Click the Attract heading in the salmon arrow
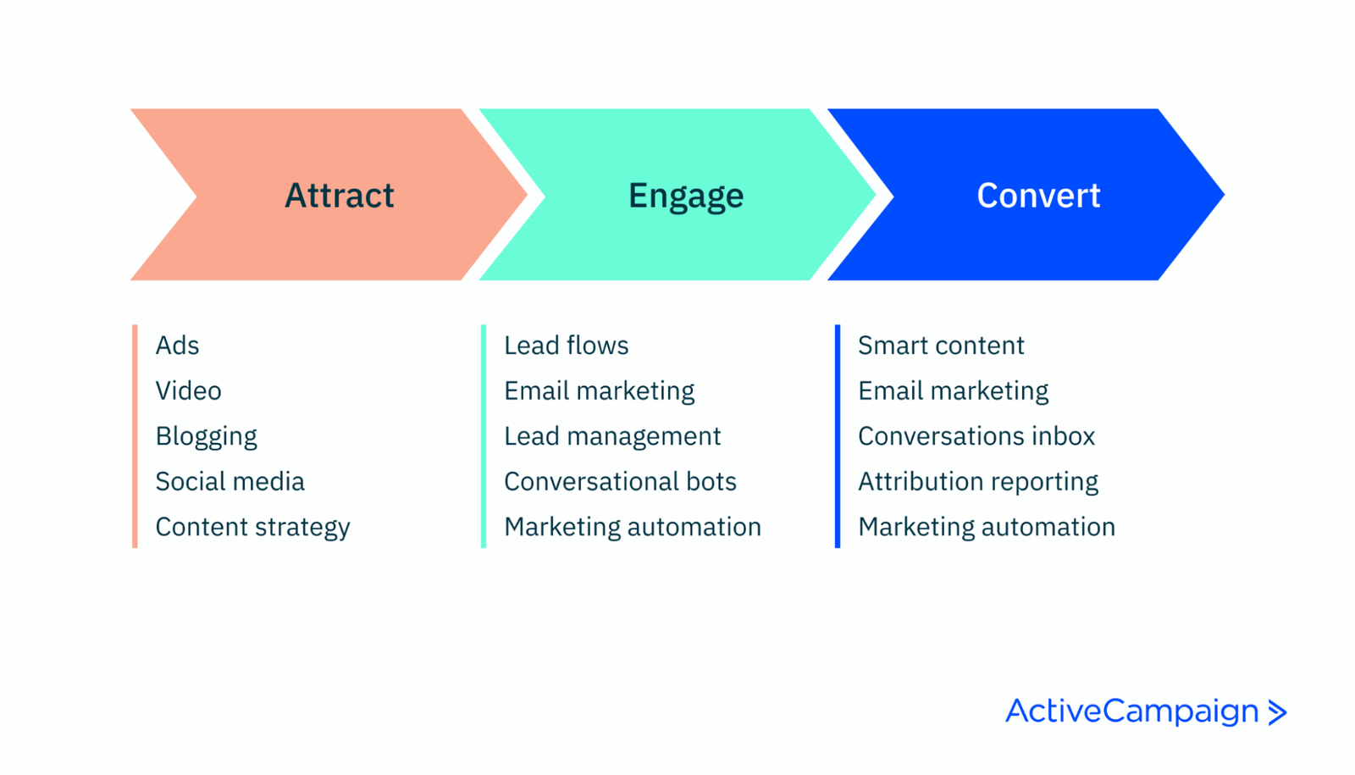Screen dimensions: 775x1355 tap(339, 196)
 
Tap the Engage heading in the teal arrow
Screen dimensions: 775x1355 tap(686, 196)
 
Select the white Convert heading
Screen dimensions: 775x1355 tap(1038, 196)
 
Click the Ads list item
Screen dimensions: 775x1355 tap(177, 346)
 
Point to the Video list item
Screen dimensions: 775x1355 tap(188, 390)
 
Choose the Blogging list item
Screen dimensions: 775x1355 tap(206, 436)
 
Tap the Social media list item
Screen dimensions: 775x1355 tap(230, 481)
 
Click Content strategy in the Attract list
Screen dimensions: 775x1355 tap(252, 527)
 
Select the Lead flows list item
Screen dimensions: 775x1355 tap(566, 346)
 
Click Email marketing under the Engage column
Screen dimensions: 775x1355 tap(599, 390)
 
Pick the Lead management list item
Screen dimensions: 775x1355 tap(612, 436)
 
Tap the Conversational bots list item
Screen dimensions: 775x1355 tap(620, 481)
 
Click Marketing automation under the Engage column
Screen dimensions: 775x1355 tap(633, 527)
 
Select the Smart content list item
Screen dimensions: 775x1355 tap(941, 346)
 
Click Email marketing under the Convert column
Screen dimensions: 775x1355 tap(953, 390)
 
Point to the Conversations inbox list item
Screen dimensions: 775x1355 tap(976, 436)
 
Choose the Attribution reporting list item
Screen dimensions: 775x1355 tap(978, 481)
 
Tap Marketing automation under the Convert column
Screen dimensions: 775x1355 tap(987, 527)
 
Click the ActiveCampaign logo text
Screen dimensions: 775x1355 tap(1132, 711)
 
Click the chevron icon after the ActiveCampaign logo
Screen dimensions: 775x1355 tap(1277, 712)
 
